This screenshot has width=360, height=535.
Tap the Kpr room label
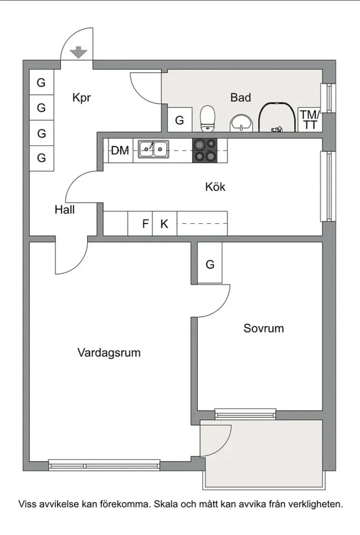(x=82, y=98)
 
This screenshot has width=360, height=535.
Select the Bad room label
(x=240, y=97)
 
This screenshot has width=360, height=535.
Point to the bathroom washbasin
(x=240, y=123)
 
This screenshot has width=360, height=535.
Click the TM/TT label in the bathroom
(x=310, y=120)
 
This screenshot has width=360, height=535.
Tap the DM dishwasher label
(x=120, y=151)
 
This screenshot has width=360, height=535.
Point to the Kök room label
(x=215, y=187)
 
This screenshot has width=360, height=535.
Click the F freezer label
(x=145, y=224)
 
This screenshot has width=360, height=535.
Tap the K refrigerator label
(x=164, y=224)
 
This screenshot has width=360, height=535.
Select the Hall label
(x=65, y=210)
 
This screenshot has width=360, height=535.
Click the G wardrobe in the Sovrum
(x=210, y=264)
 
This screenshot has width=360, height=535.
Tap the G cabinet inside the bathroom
(x=180, y=121)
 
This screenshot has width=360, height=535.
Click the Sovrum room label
(x=264, y=328)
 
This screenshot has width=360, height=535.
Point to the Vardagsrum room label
(x=109, y=353)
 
